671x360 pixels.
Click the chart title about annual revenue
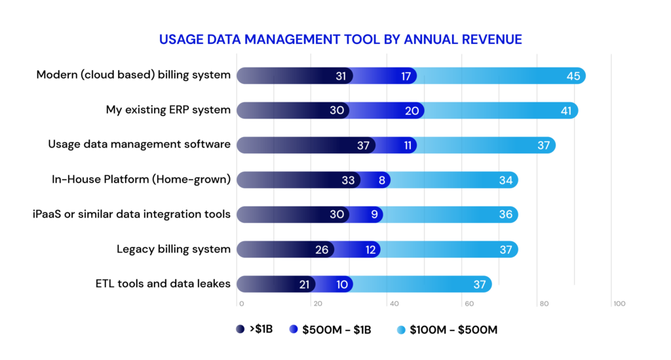tap(340, 39)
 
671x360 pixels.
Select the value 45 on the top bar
tap(573, 76)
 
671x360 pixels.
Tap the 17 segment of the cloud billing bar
tap(406, 76)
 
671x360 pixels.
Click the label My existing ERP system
tap(168, 110)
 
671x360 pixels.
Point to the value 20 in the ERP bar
tap(412, 111)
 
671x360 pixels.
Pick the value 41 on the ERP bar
tap(566, 111)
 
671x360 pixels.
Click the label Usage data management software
tap(140, 144)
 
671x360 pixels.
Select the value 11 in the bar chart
tap(408, 146)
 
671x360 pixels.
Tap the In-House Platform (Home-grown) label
tap(142, 179)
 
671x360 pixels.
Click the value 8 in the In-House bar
tap(382, 180)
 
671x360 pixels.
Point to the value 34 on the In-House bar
tap(506, 180)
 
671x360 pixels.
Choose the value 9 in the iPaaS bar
tap(374, 214)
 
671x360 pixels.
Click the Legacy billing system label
tap(174, 249)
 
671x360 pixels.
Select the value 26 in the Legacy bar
tap(322, 249)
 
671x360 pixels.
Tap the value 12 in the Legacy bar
tap(371, 249)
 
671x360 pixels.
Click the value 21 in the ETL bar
tap(303, 284)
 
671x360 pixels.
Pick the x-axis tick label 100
tap(619, 304)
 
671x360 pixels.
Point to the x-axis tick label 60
tap(469, 304)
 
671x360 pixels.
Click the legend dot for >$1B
tap(241, 330)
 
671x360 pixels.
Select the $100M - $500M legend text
tap(453, 330)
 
